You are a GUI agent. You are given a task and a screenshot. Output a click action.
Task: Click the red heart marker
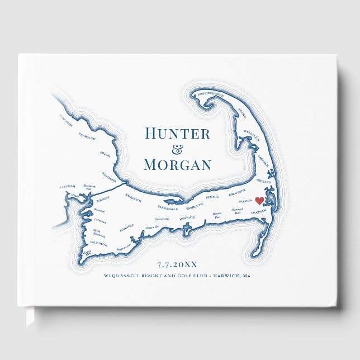tap(259, 201)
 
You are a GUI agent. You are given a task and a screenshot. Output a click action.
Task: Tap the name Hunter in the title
tap(177, 134)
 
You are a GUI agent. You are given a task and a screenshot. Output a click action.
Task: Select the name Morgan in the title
tap(177, 165)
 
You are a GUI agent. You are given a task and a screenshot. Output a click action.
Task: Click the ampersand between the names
tap(177, 149)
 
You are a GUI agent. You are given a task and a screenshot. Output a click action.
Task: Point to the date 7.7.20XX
tap(177, 265)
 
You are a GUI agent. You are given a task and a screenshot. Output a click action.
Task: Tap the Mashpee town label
tap(129, 228)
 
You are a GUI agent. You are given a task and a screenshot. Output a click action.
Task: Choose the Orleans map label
tap(263, 182)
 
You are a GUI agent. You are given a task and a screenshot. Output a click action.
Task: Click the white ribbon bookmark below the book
tap(30, 318)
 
